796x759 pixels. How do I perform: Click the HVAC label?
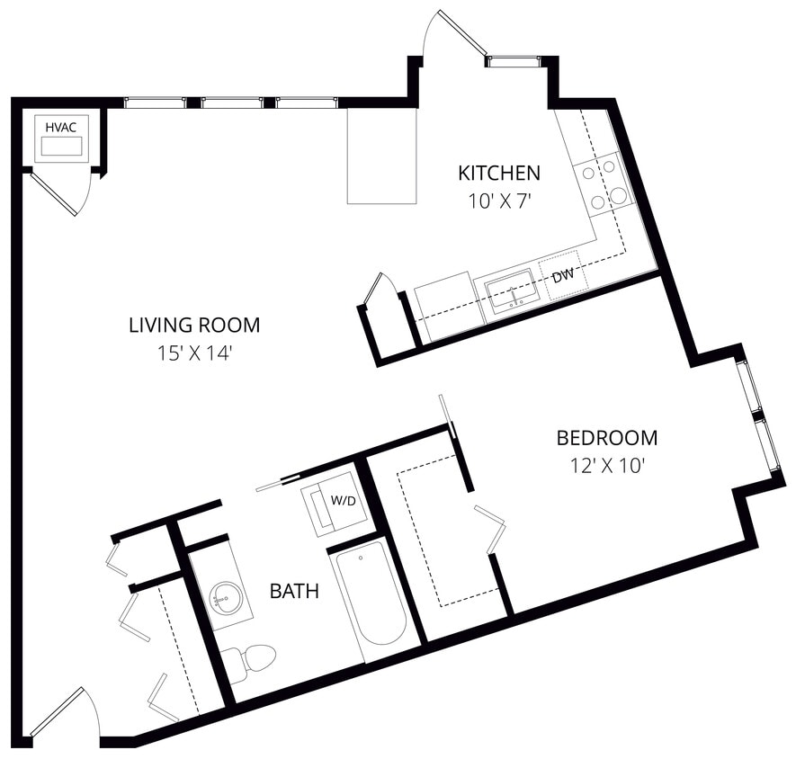61,127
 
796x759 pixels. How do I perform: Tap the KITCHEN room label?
499,173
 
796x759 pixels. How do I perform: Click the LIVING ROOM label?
194,325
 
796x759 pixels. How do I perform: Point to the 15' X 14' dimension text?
194,353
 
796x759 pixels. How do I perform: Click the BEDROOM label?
607,438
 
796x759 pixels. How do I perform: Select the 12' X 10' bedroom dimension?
607,466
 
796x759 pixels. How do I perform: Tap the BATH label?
295,591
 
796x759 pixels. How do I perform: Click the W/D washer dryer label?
341,499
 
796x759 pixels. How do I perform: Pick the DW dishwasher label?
563,276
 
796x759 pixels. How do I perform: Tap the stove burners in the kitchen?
604,183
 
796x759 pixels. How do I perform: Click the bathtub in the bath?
371,597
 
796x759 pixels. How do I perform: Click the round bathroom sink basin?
225,596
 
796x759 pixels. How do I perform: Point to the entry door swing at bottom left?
63,712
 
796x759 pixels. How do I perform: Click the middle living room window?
232,103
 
